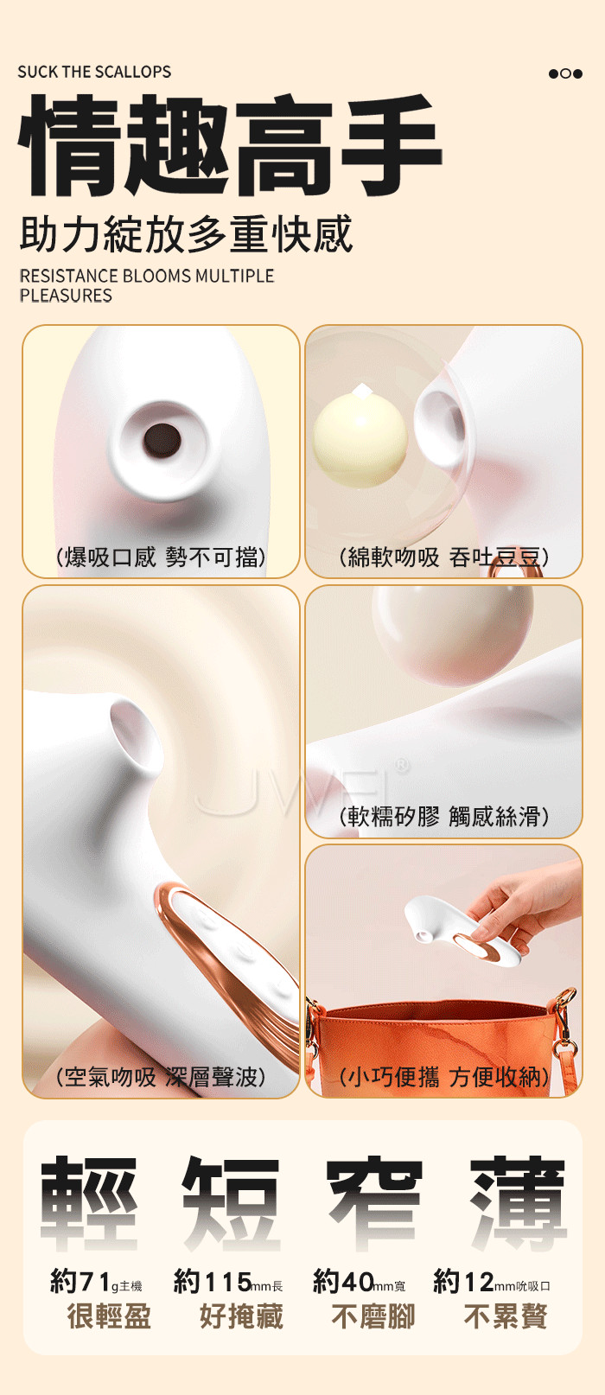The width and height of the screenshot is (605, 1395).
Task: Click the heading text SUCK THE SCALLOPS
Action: click(94, 72)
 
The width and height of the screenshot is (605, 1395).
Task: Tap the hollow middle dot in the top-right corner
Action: click(566, 73)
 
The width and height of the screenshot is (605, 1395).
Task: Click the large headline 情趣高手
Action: click(230, 144)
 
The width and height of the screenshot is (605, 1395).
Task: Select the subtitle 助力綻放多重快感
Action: click(186, 234)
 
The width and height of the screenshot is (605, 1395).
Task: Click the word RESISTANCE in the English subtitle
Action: click(69, 276)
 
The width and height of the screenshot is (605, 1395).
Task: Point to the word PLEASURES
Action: click(66, 296)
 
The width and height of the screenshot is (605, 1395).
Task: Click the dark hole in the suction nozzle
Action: click(162, 440)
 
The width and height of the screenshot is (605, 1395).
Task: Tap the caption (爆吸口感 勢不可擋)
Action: click(161, 557)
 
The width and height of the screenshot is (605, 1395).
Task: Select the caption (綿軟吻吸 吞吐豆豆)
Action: click(443, 557)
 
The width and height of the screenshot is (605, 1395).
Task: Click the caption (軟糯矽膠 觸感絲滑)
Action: click(443, 817)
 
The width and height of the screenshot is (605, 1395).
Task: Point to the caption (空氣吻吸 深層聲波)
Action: click(161, 1077)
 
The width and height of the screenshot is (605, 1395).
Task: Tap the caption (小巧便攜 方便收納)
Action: click(443, 1077)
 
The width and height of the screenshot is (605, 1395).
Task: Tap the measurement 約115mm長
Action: click(228, 1282)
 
